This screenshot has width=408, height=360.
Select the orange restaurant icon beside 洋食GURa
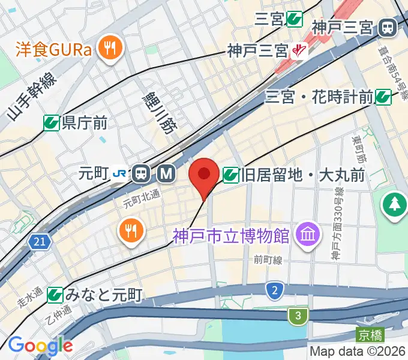coord(110,49)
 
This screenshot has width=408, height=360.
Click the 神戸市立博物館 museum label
coord(230,235)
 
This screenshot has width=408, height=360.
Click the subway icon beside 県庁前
coord(52,123)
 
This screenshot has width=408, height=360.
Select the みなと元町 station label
coord(103,295)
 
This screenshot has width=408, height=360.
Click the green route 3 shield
coord(297,315)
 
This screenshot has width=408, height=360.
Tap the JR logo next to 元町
coord(119,175)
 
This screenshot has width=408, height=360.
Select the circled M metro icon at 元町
coord(166,175)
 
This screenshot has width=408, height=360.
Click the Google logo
coord(40,346)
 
